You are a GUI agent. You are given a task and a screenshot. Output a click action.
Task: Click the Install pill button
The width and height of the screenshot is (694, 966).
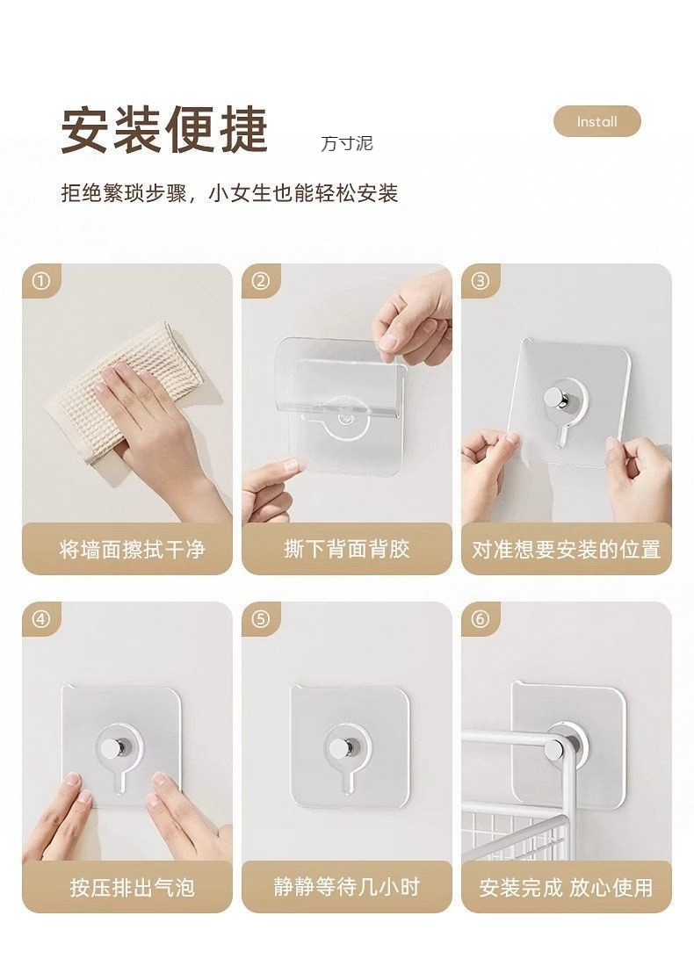coord(596,121)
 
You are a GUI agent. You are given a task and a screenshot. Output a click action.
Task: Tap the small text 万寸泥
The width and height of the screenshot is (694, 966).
coord(346,143)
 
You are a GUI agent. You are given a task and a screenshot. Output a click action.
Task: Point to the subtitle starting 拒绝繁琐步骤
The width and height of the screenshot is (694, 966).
coord(229,193)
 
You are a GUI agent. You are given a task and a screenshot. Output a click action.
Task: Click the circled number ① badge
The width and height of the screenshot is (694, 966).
coord(40,282)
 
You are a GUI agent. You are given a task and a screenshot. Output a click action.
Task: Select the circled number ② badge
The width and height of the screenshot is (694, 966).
coord(261,282)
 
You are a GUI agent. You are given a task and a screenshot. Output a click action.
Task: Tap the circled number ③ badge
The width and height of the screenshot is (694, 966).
coord(481,282)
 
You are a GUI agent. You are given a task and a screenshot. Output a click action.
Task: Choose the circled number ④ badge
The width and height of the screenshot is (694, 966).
coord(40,619)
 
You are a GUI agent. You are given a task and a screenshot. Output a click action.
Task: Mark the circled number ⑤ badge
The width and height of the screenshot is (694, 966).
coord(261,619)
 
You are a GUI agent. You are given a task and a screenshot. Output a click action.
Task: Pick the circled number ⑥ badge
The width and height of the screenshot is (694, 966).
coord(481,619)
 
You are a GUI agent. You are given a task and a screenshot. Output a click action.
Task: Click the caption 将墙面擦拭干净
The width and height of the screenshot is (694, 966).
coord(131,550)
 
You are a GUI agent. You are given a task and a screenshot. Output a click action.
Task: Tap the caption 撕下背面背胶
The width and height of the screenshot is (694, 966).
coord(346,549)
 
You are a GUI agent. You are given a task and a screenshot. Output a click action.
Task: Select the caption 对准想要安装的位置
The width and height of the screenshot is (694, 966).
coord(566,550)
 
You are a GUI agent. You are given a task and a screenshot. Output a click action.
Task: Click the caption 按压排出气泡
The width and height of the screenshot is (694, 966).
coord(132,888)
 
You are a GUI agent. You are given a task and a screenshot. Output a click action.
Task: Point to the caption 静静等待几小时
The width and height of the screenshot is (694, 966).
coord(346,887)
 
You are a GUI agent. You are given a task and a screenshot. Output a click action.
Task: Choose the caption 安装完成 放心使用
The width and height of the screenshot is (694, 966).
coord(566,888)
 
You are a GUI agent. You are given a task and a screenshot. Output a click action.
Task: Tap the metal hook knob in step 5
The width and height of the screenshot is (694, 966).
coord(339,747)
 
